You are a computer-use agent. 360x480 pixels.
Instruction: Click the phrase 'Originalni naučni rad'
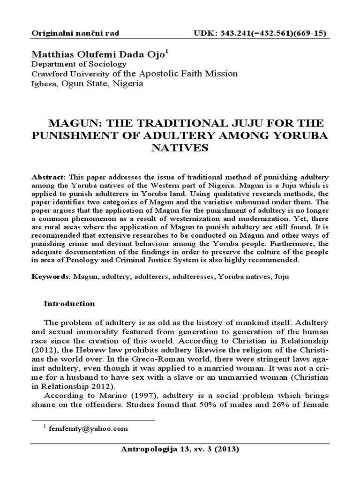coord(75,33)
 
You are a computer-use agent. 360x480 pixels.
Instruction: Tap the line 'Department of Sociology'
coord(79,65)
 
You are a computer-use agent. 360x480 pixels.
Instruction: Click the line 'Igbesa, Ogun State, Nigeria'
coord(87,84)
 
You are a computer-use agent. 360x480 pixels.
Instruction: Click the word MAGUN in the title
coord(75,123)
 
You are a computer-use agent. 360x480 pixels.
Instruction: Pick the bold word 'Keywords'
coord(50,277)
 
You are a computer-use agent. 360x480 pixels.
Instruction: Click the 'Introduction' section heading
coord(69,303)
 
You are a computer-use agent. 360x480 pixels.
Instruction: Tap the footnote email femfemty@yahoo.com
coord(96,428)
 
